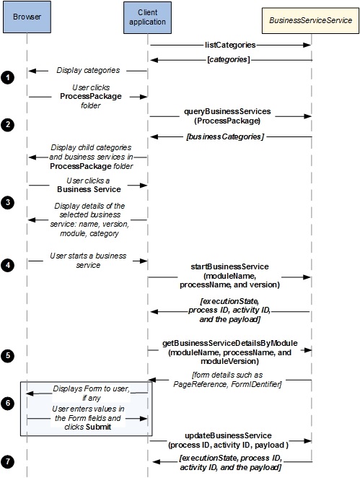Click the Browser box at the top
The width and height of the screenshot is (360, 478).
point(27,17)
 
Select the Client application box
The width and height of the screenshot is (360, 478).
point(147,17)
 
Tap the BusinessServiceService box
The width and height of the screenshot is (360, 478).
point(311,20)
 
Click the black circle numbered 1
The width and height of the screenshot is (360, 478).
point(8,78)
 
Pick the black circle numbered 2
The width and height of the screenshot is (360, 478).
point(8,125)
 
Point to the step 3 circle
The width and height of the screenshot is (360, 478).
point(8,203)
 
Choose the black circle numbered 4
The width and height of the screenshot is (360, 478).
point(8,265)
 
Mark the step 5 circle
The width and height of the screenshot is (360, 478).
point(8,356)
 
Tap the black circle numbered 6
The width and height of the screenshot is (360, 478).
point(8,404)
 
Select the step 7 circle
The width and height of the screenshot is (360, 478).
point(8,461)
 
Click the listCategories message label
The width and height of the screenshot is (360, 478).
point(230,45)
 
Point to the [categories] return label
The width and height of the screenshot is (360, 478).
point(229,59)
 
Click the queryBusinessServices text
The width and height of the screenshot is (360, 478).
point(227,111)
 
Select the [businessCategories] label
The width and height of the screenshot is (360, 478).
point(225,136)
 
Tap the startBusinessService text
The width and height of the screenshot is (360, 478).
point(229,266)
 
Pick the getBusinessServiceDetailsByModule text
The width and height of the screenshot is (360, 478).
point(230,343)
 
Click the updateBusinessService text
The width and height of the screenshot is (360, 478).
point(228,435)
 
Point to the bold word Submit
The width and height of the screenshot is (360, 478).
point(98,427)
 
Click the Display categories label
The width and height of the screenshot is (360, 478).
point(88,71)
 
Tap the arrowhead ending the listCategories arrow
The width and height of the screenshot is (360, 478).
point(307,45)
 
